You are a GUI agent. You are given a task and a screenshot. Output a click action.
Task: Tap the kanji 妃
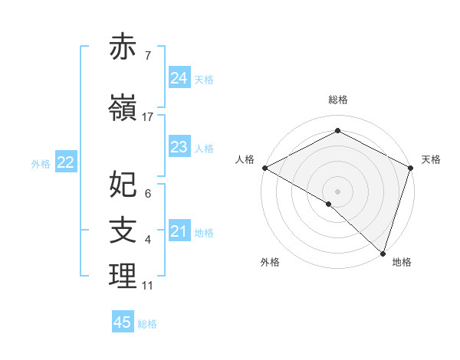[x=123, y=184]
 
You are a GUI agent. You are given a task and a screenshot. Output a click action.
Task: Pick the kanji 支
[x=123, y=230]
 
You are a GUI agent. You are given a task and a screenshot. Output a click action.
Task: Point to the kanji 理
[x=123, y=277]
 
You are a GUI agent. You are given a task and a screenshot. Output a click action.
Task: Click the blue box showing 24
[x=179, y=77]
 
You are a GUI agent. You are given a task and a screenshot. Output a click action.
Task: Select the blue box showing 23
[x=179, y=147]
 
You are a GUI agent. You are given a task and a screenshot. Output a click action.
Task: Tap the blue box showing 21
[x=179, y=231]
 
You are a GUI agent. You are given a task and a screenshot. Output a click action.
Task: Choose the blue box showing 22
[x=66, y=162]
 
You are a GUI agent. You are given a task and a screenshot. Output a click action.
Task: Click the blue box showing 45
[x=123, y=322]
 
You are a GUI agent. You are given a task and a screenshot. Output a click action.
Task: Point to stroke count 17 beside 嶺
[x=148, y=116]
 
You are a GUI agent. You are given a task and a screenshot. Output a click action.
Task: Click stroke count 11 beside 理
[x=148, y=286]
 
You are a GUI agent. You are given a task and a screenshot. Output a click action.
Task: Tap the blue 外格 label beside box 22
[x=41, y=163]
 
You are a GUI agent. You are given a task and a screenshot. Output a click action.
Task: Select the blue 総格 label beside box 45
[x=147, y=324]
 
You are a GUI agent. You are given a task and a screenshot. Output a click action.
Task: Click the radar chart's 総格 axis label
[x=337, y=100]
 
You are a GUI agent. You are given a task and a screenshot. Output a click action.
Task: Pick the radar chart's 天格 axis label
[x=431, y=159]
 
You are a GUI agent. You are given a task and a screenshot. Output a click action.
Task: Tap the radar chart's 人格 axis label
[x=245, y=159]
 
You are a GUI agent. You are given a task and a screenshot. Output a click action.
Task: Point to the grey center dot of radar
[x=337, y=191]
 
